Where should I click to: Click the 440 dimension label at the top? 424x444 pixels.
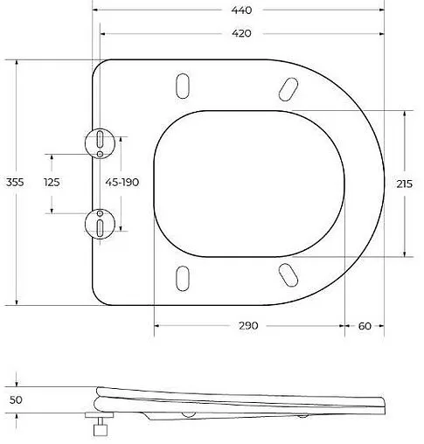tap(241, 10)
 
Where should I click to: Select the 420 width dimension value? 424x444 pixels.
tap(241, 33)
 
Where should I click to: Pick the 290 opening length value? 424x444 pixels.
tap(248, 325)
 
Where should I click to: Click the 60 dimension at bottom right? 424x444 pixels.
tap(365, 325)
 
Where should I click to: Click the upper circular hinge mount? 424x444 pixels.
tap(101, 142)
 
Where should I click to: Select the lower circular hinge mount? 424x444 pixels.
tap(101, 223)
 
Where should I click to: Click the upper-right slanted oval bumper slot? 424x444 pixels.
tap(287, 89)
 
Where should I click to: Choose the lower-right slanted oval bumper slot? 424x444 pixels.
tap(287, 274)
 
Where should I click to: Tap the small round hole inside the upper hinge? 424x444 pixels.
tap(101, 154)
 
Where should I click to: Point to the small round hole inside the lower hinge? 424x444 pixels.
tap(101, 212)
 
